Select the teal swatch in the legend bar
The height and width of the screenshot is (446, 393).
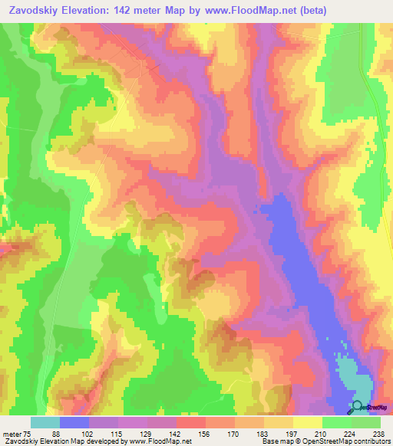click(45, 422)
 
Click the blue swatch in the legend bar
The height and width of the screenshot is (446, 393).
click(74, 422)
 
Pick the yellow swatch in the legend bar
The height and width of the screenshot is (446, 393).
click(308, 422)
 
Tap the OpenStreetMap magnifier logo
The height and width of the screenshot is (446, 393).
click(356, 407)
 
